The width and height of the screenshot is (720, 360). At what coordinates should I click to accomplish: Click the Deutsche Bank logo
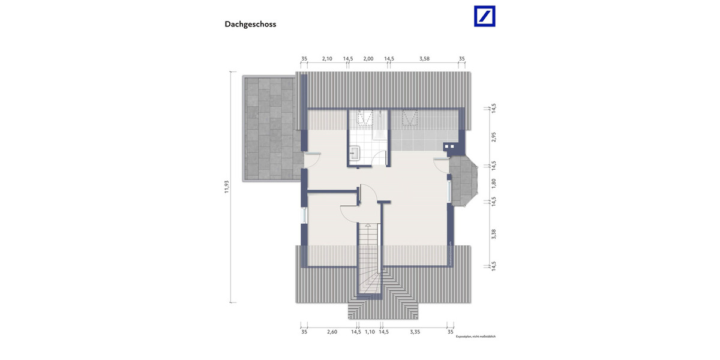pos(485,16)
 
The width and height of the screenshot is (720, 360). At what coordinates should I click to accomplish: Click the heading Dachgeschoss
pos(250,25)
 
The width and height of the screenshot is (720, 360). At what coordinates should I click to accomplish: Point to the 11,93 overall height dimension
pos(227,187)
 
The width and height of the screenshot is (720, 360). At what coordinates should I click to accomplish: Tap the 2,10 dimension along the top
pos(327,59)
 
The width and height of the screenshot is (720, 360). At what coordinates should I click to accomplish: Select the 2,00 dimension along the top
pos(368,59)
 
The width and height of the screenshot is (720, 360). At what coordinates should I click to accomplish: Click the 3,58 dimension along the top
pos(425,59)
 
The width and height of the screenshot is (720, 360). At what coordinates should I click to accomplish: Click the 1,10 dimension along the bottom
pos(370,331)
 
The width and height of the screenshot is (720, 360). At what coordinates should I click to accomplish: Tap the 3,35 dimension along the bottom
pos(415,331)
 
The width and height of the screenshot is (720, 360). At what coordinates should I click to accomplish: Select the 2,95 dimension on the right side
pos(494,136)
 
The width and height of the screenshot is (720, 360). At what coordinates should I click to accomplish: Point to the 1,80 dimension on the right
pos(494,182)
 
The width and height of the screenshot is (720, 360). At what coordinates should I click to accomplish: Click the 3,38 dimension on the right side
pos(494,234)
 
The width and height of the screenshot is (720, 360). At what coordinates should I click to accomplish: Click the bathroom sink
pos(354,154)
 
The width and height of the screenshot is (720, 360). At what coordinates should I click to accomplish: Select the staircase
pos(369,258)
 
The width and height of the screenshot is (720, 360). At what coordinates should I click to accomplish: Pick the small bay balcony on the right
pos(463,181)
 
